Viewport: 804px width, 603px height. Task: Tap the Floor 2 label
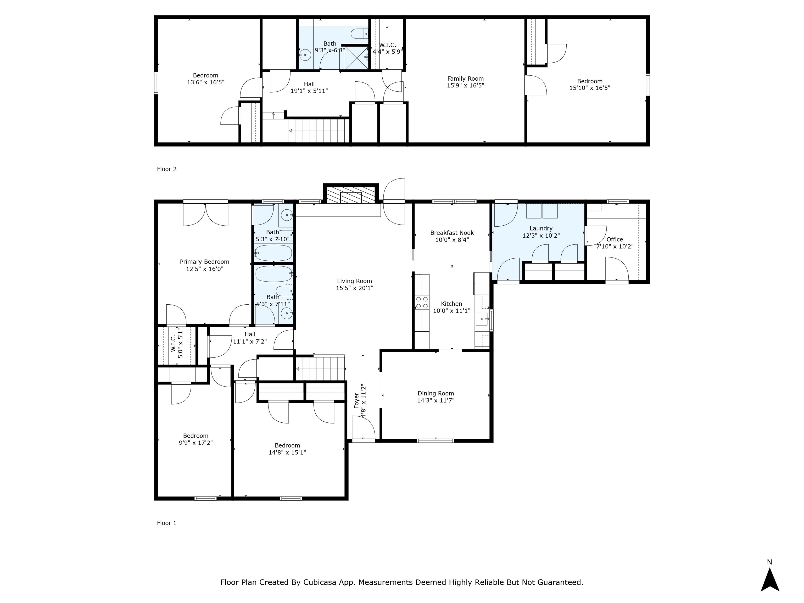[166, 169]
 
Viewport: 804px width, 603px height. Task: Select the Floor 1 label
[166, 523]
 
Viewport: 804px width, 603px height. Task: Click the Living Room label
[354, 281]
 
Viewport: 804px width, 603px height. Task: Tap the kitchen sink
[483, 319]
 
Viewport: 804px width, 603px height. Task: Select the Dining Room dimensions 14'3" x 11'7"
[436, 400]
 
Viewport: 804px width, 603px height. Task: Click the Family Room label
[466, 79]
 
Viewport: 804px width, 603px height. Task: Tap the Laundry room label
[541, 228]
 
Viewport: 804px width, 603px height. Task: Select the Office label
[615, 239]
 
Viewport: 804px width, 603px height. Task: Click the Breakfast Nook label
[452, 233]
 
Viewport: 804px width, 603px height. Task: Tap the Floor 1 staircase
[320, 368]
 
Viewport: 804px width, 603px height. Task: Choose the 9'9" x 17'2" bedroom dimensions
[196, 443]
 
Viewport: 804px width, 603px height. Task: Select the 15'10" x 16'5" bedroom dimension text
[590, 88]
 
